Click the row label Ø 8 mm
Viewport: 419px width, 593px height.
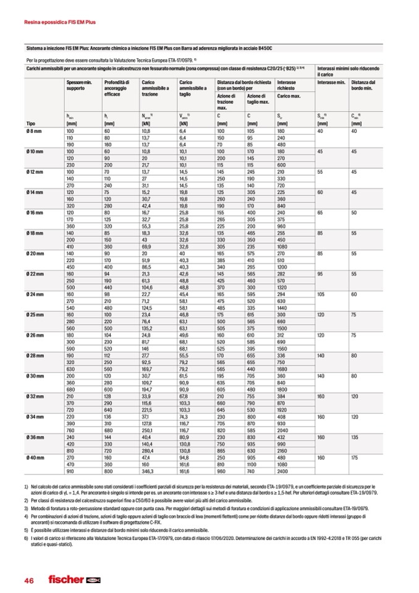coord(34,132)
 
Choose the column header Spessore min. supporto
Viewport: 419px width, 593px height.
coord(79,85)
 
